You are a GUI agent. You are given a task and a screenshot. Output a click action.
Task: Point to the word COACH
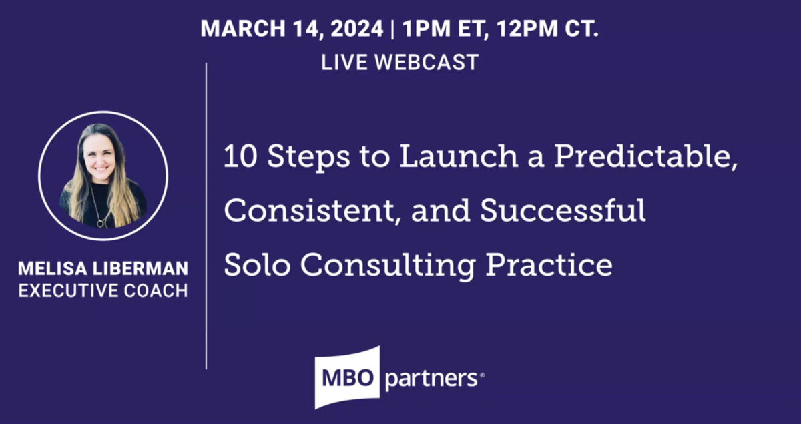[156, 291]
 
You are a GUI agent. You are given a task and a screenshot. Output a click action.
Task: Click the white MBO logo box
[348, 377]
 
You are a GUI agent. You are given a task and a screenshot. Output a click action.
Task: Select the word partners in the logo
[431, 379]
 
